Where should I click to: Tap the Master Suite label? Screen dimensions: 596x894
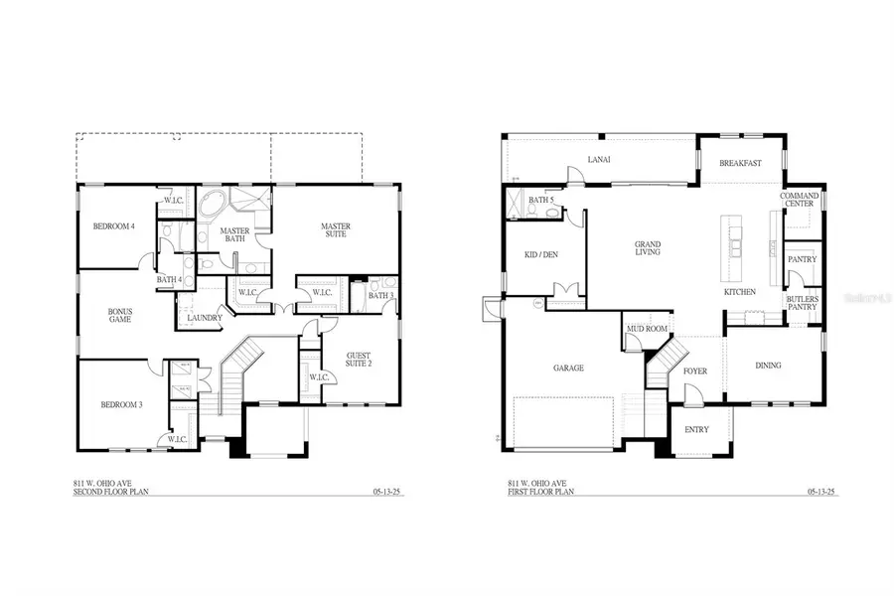click(335, 231)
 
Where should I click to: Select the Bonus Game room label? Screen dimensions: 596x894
click(120, 315)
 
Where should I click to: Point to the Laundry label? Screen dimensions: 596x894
click(205, 318)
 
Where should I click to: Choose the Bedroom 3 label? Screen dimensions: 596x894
click(120, 404)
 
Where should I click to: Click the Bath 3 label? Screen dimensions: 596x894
click(381, 295)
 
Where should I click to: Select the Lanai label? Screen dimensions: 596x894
click(599, 159)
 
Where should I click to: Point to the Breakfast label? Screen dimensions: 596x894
click(740, 163)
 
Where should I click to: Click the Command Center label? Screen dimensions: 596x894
click(799, 200)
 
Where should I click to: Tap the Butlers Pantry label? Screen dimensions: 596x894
click(802, 302)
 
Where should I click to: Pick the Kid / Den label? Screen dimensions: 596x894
click(540, 254)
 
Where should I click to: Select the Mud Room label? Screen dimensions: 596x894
click(645, 328)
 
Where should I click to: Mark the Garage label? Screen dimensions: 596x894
click(568, 368)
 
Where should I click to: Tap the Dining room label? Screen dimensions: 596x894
click(768, 365)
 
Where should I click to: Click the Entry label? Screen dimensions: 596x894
click(697, 430)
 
